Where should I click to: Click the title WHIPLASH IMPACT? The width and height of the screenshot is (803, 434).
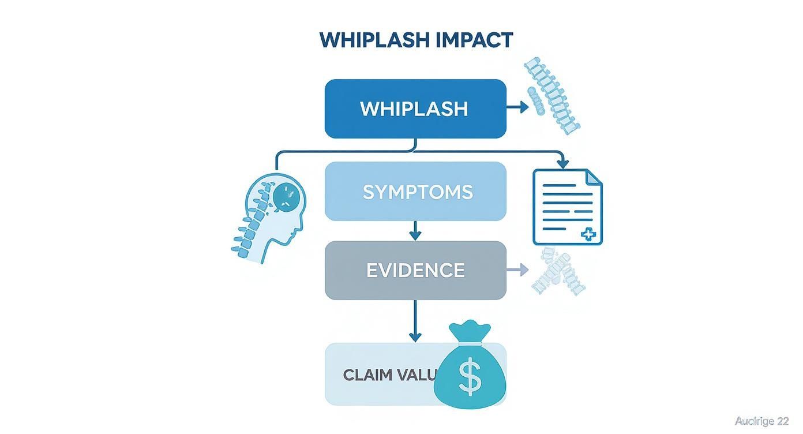pos(415,40)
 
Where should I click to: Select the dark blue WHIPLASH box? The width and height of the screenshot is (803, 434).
pos(415,109)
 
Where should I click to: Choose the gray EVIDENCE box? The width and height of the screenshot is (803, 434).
pos(415,270)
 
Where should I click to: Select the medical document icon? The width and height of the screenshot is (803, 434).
pos(567,207)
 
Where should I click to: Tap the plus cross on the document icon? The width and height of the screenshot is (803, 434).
pos(588,234)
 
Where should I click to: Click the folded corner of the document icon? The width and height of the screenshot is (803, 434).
pos(594,177)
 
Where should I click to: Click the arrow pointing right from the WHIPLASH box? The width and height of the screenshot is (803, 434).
pos(517,107)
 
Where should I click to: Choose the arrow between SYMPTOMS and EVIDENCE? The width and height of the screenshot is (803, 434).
pos(415,231)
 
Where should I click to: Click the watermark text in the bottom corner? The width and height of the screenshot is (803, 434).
pos(761,421)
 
